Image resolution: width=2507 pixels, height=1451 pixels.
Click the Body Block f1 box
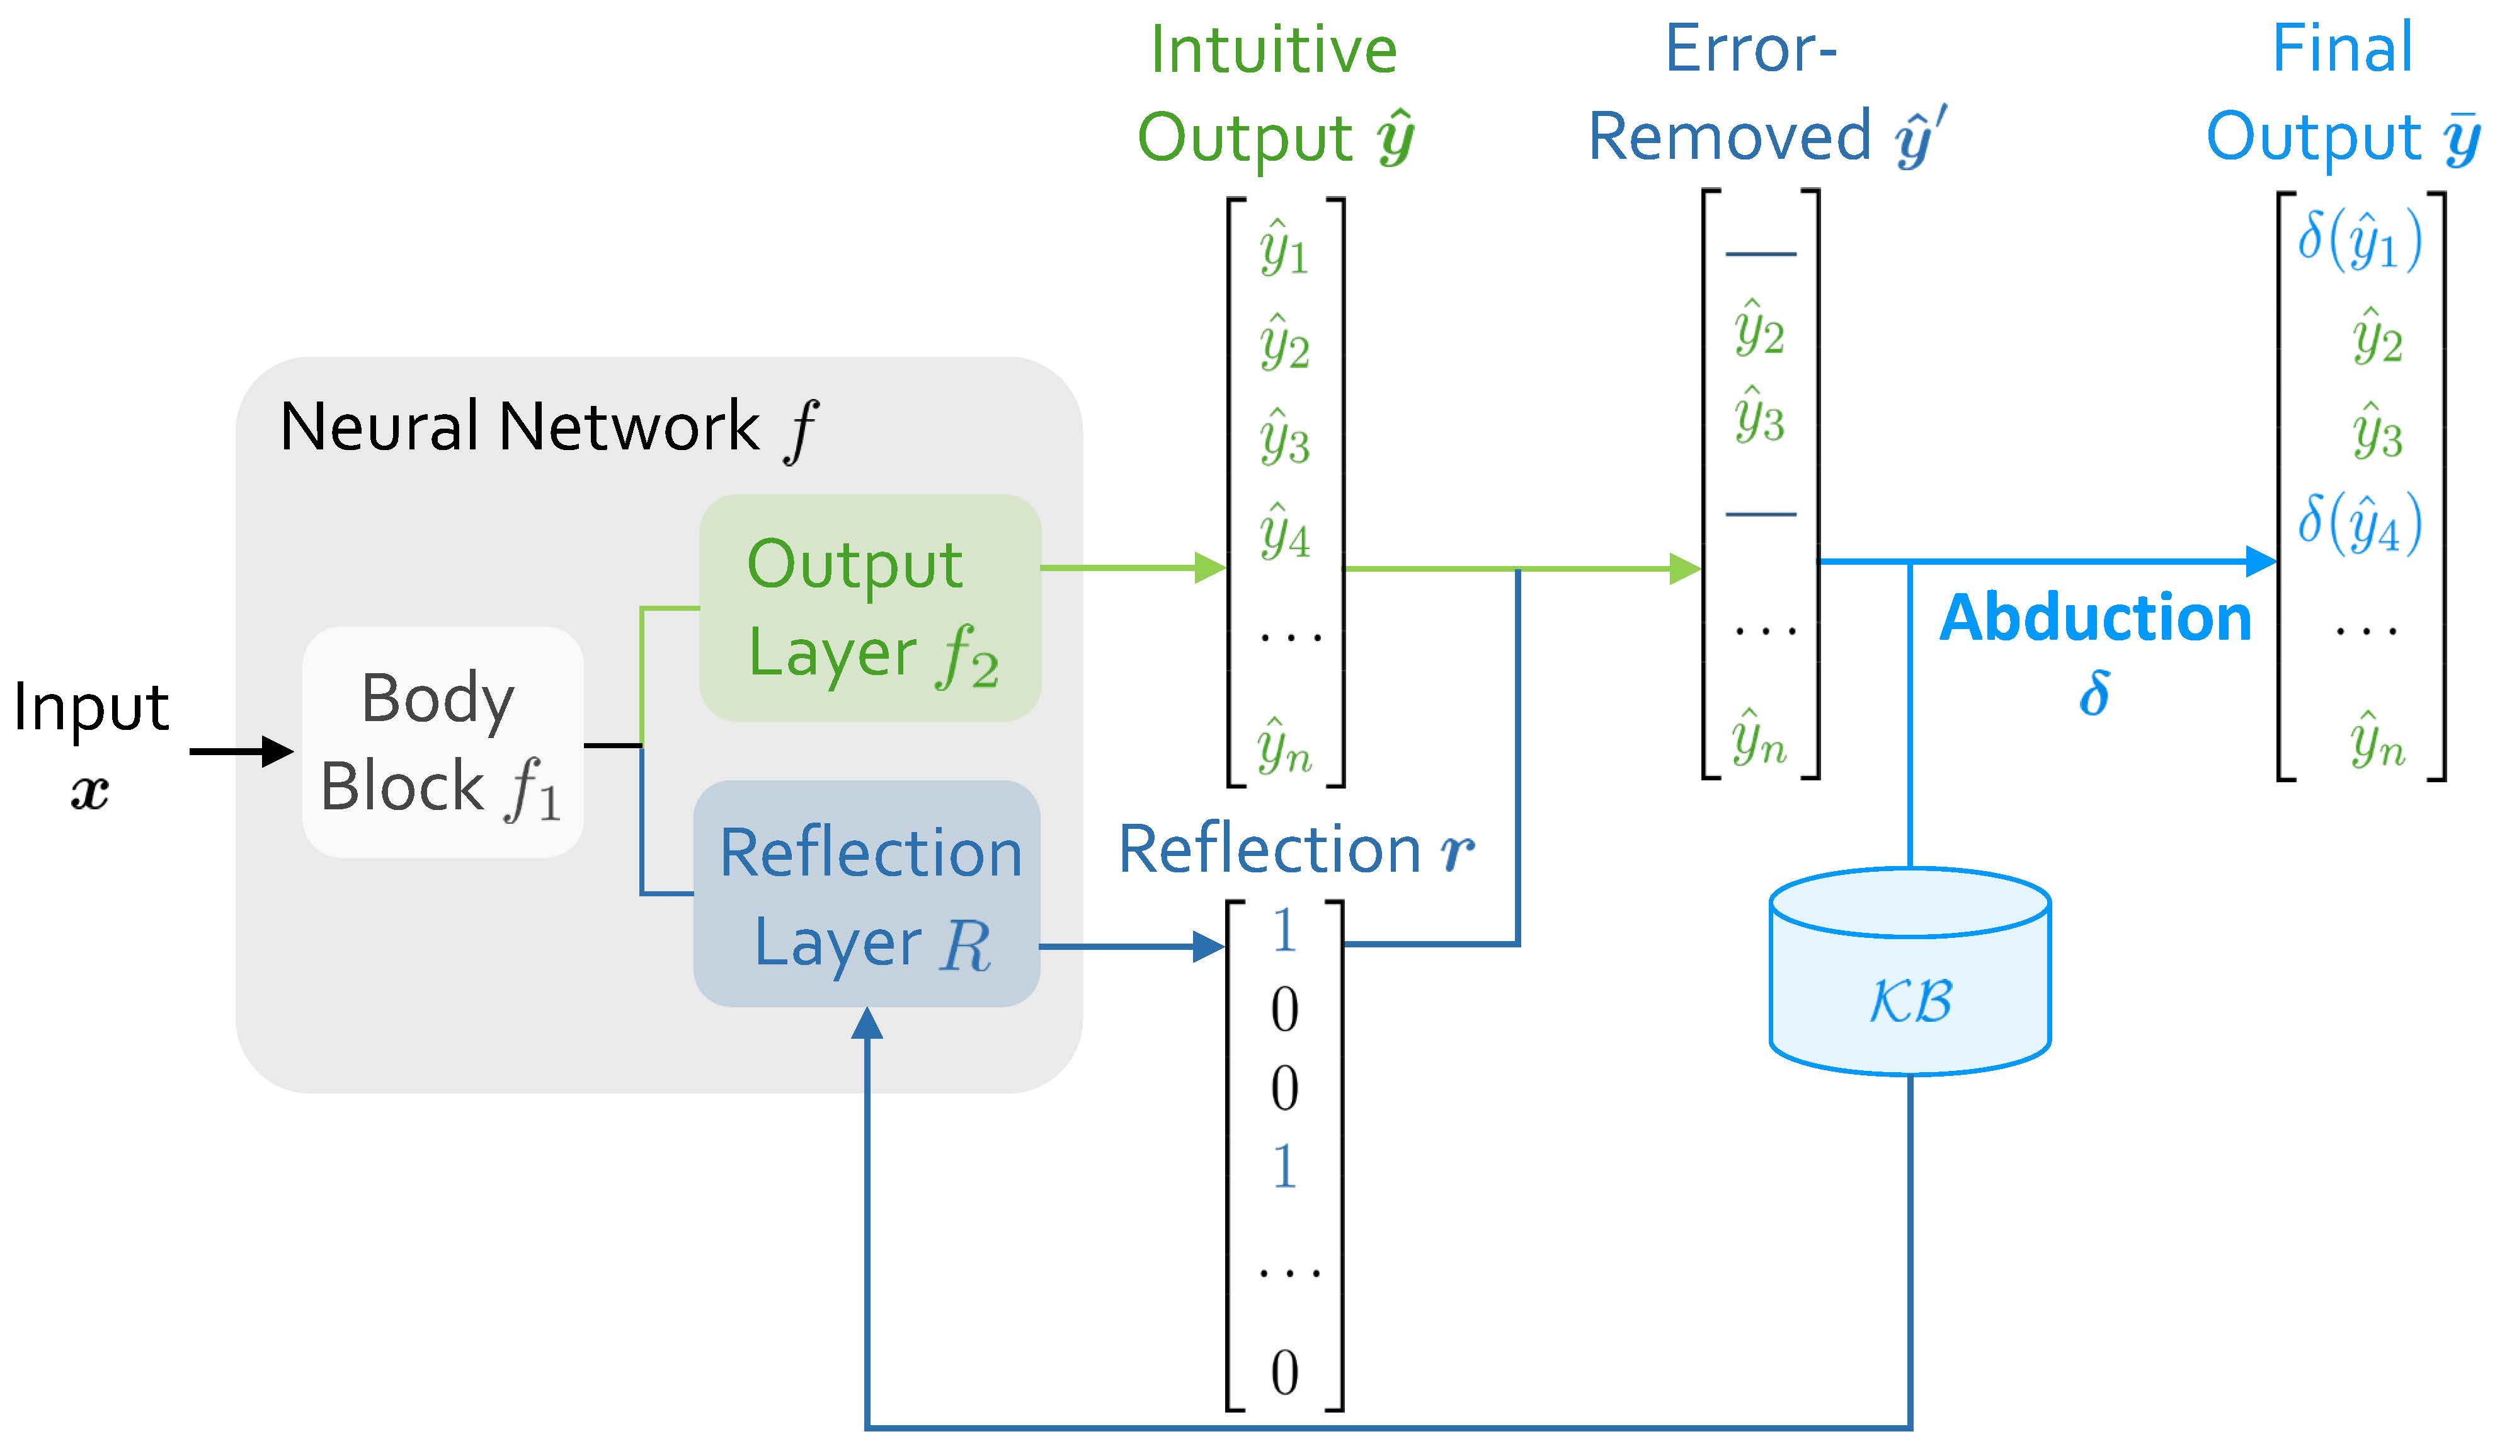tap(443, 743)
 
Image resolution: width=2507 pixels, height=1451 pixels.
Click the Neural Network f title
tap(548, 428)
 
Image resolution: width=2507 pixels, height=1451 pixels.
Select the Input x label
tap(91, 741)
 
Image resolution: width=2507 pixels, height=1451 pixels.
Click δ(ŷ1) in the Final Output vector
tap(2359, 241)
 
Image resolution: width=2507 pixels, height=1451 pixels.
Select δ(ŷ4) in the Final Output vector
tap(2359, 524)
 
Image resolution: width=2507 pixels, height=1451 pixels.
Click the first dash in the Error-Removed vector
tap(1760, 255)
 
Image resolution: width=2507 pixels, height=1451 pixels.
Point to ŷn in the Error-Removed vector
tap(1759, 739)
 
